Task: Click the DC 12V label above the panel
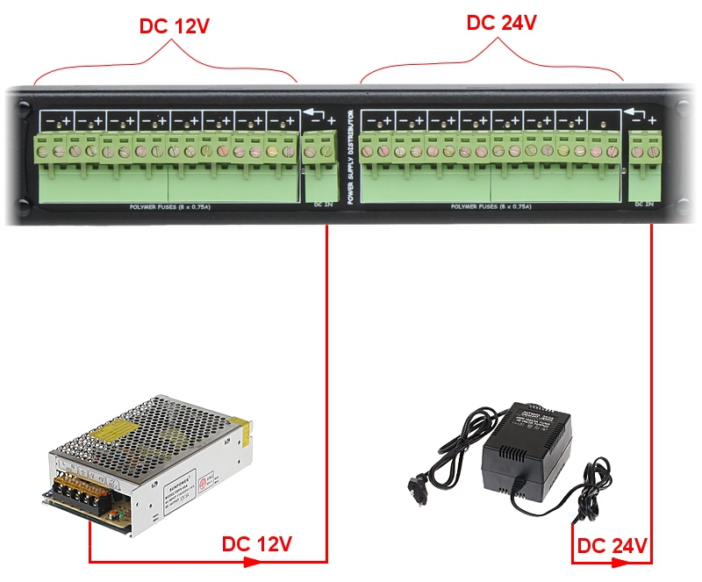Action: click(175, 25)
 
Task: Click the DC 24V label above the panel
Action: click(501, 23)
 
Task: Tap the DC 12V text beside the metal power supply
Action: click(256, 544)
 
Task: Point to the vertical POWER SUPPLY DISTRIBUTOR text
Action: click(349, 157)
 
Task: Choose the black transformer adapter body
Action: click(526, 448)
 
